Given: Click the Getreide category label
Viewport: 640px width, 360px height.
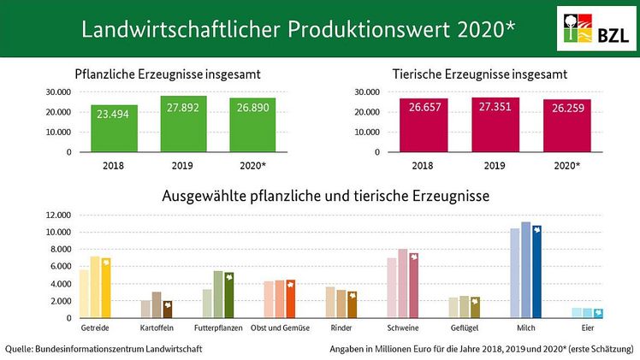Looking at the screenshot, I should point(94,328).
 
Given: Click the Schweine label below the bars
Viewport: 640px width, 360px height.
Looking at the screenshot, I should point(402,328).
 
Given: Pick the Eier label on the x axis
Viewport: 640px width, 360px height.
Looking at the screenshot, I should point(587,328).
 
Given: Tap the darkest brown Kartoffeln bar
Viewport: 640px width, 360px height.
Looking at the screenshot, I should point(168,310).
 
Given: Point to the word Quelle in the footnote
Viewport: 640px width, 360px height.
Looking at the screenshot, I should point(21,348).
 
